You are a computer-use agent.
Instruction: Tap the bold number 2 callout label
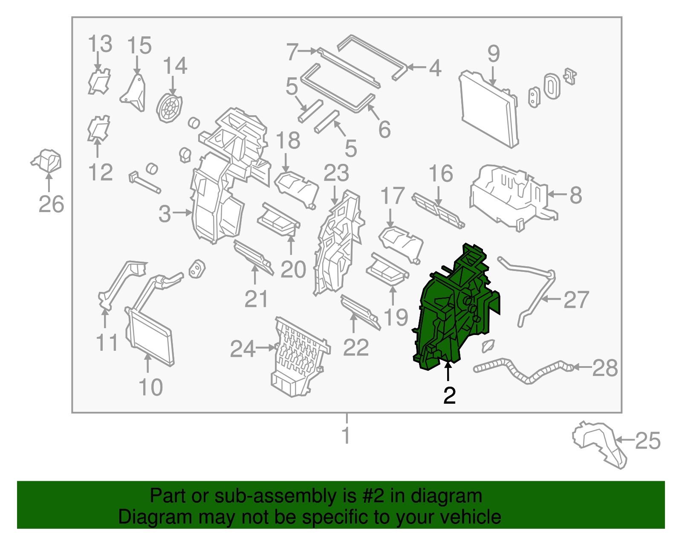coord(449,396)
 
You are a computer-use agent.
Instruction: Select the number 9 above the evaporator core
coord(494,54)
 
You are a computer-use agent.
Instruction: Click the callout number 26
coord(51,204)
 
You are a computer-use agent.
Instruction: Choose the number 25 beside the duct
coord(648,441)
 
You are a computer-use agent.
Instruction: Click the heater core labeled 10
coord(150,337)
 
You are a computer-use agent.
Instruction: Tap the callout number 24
coord(243,349)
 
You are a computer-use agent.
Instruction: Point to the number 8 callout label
coord(576,195)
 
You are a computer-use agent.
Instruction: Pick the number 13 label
coord(100,44)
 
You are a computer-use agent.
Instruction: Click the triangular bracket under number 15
coord(133,93)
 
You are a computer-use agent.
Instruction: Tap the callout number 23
coord(336,173)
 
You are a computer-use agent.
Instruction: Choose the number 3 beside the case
coord(165,214)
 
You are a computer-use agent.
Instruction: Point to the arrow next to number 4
coord(417,67)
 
